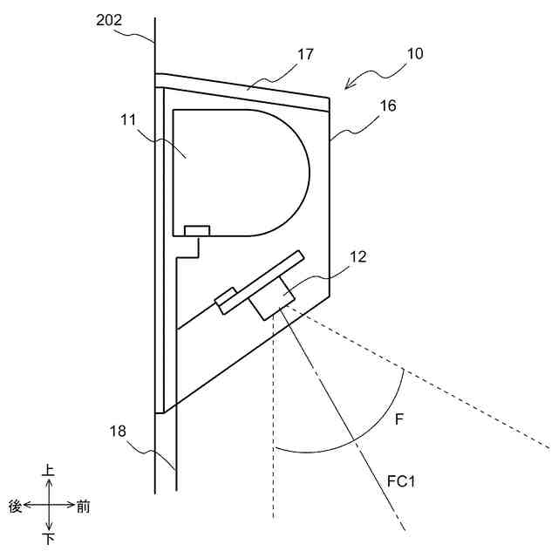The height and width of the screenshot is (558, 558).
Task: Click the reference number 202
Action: click(x=109, y=20)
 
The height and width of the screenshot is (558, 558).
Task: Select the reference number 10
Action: click(x=414, y=53)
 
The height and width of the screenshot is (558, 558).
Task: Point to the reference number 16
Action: click(x=388, y=105)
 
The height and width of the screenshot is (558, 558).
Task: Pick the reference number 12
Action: click(x=357, y=257)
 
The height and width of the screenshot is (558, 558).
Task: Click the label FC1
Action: click(x=404, y=480)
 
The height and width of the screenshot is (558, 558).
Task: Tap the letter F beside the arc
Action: click(x=398, y=420)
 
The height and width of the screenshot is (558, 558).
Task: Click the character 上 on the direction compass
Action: click(x=49, y=471)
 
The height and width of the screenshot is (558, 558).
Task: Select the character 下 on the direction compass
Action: click(x=49, y=540)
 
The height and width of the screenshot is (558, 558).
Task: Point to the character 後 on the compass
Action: click(x=15, y=506)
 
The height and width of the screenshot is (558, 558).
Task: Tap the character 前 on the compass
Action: click(x=83, y=506)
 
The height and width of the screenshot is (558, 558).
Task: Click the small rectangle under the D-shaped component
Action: click(x=197, y=230)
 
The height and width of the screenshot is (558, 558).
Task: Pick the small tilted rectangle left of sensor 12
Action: click(x=226, y=298)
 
